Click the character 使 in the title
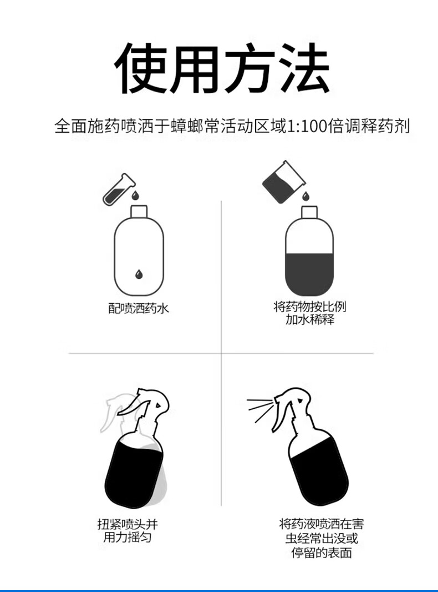point(141,68)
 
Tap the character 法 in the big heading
point(304,68)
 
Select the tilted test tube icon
point(119,189)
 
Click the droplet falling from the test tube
point(135,195)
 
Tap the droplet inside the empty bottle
point(139,274)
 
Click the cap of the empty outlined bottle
point(139,212)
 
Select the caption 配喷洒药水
point(139,308)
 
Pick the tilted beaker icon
point(283,182)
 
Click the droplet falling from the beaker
point(306,196)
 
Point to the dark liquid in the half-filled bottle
point(309,274)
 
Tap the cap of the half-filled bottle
point(309,212)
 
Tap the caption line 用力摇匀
point(128,537)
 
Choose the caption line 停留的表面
point(322,553)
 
